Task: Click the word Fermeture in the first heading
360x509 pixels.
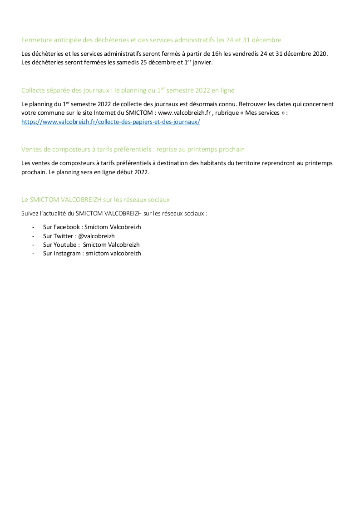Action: pyautogui.click(x=35, y=40)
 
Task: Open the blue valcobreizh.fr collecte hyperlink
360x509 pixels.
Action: pyautogui.click(x=111, y=122)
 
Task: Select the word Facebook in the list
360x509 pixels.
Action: pyautogui.click(x=66, y=227)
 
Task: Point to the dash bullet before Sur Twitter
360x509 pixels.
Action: pyautogui.click(x=33, y=236)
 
